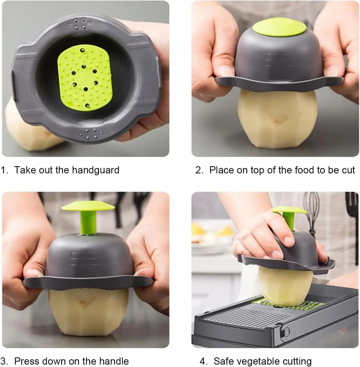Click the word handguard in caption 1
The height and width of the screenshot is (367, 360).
[96, 170]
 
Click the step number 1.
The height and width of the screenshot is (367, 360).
[4, 170]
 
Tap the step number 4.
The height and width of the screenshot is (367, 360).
[202, 361]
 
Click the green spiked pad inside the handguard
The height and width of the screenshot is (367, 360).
[85, 77]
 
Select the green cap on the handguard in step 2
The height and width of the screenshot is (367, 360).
[279, 27]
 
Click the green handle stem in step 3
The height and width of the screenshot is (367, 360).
[88, 223]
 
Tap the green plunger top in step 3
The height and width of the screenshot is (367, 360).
[88, 206]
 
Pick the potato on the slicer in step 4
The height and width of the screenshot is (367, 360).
[285, 286]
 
